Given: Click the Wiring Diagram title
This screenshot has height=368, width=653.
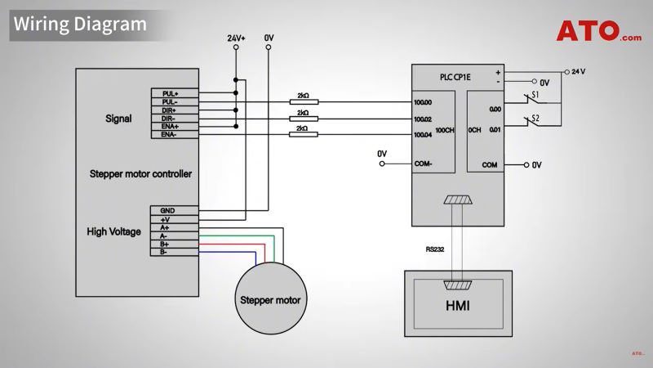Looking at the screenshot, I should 79,24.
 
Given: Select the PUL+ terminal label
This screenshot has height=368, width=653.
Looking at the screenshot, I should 170,94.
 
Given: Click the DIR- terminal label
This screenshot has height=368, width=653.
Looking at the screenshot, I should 169,119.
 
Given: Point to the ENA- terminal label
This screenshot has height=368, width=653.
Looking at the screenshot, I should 169,134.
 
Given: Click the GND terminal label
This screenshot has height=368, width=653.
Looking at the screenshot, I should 168,211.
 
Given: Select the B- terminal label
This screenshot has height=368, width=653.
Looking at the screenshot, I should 165,252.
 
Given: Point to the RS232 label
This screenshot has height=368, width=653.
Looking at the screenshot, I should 435,250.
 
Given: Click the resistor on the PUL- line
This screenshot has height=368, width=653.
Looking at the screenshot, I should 304,102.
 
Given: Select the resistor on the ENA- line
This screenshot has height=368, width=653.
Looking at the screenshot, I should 304,134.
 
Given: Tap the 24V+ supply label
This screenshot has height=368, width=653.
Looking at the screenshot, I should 236,38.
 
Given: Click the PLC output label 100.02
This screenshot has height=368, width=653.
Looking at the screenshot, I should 423,119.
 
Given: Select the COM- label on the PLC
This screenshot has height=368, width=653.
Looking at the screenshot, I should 423,164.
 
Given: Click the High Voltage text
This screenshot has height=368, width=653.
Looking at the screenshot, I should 114,231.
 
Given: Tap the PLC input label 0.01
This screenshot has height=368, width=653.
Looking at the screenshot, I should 495,128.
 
